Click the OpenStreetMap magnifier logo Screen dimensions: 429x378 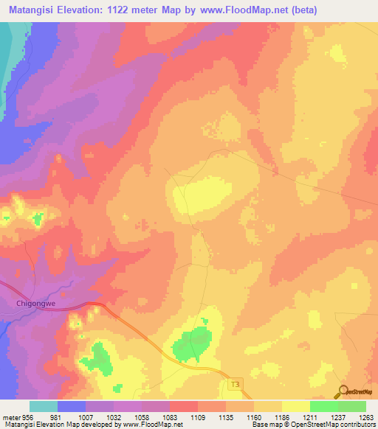[343, 391]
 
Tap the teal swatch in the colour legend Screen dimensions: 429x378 [44, 406]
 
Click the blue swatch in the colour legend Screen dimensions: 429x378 [72, 406]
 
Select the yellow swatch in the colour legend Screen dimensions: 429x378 [295, 406]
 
